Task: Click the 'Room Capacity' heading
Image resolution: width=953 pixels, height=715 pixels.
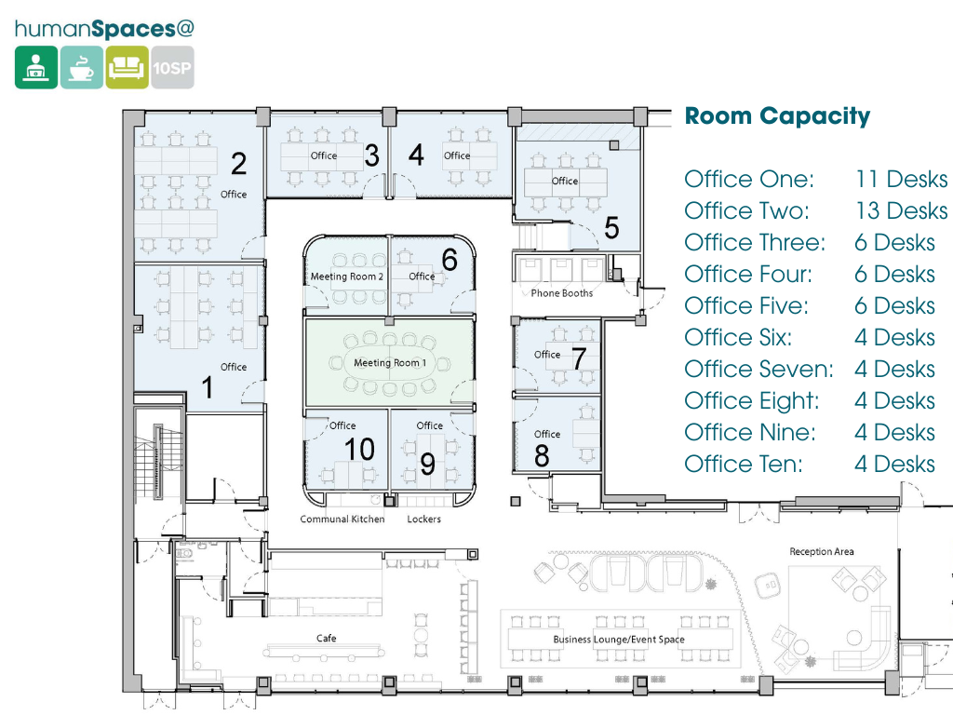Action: pos(777,116)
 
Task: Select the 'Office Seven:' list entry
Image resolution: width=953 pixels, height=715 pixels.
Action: pos(758,370)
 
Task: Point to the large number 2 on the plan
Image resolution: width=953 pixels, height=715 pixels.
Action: pos(239,164)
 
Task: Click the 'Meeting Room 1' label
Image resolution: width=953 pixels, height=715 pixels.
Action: pos(390,362)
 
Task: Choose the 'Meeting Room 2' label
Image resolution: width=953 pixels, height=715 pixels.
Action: pos(346,277)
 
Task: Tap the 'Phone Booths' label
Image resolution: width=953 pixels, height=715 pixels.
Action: pos(561,293)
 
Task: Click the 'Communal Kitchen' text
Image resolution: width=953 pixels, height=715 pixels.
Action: pos(342,519)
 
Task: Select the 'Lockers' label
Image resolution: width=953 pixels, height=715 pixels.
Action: pos(423,519)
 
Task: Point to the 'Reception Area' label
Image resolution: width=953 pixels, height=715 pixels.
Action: pos(821,552)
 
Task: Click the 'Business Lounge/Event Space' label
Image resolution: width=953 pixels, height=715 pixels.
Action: pos(618,640)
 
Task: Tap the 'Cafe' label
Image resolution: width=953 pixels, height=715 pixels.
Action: pos(326,639)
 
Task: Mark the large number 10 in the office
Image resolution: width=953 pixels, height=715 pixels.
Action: pos(359,450)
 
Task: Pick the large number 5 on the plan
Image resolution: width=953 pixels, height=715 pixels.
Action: pos(611,227)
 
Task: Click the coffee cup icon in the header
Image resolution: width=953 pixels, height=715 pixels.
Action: pos(82,68)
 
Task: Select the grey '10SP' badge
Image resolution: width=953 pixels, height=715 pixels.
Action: pos(172,68)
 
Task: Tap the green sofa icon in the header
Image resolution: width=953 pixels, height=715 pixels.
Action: pos(127,68)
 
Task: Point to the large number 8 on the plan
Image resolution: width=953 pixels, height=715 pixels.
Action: pos(542,457)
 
